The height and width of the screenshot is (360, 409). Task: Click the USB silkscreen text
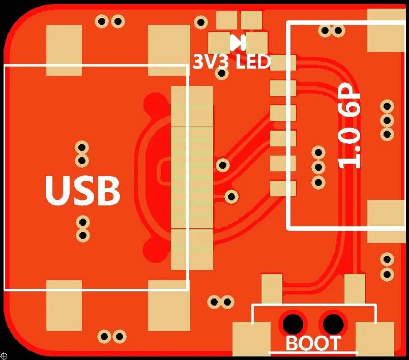(x=82, y=191)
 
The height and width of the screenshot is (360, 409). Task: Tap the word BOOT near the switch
(x=313, y=344)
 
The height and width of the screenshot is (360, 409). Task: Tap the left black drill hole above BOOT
(x=293, y=322)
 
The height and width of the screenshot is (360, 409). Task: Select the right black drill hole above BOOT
(x=333, y=322)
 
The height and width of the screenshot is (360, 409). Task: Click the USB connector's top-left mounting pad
(x=64, y=50)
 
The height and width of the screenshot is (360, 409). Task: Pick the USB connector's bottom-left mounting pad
(x=64, y=305)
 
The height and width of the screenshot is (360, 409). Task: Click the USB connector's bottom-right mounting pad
(x=169, y=305)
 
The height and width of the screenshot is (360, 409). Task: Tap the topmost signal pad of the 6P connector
(x=283, y=63)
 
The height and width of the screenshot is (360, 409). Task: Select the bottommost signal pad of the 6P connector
(x=283, y=189)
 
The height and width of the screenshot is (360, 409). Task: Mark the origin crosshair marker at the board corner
(x=4, y=356)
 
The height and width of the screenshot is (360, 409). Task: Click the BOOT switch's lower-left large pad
(x=251, y=339)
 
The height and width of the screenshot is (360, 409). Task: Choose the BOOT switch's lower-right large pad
(x=375, y=339)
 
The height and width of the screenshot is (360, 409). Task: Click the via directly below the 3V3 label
(x=222, y=74)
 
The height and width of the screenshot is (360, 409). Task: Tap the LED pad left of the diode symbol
(x=219, y=43)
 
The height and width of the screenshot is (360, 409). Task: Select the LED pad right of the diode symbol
(x=257, y=43)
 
